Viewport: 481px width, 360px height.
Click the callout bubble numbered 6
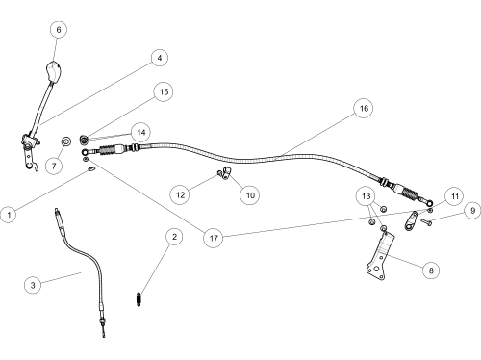pyautogui.click(x=59, y=30)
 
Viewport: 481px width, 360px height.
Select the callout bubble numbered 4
pyautogui.click(x=160, y=58)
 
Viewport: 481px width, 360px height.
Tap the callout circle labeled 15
pyautogui.click(x=164, y=91)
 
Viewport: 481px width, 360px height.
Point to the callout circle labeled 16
pyautogui.click(x=364, y=108)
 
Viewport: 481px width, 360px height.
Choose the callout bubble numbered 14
pyautogui.click(x=141, y=132)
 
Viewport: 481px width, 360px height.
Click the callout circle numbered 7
pyautogui.click(x=54, y=166)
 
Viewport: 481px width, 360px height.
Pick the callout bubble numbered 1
pyautogui.click(x=9, y=215)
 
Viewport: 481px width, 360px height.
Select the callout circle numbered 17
pyautogui.click(x=214, y=238)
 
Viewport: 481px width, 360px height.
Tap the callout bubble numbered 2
pyautogui.click(x=174, y=237)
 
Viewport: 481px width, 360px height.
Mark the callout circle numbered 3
pyautogui.click(x=33, y=285)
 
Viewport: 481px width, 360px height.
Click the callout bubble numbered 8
pyautogui.click(x=431, y=270)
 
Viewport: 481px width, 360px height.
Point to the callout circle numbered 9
pyautogui.click(x=472, y=211)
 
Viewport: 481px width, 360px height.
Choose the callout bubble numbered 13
pyautogui.click(x=366, y=196)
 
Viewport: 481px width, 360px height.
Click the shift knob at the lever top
pyautogui.click(x=53, y=72)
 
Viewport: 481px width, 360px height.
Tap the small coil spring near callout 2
pyautogui.click(x=139, y=299)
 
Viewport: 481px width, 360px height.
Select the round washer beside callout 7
pyautogui.click(x=66, y=141)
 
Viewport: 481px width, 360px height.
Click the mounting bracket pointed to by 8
pyautogui.click(x=381, y=258)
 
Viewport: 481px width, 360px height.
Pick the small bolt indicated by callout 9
pyautogui.click(x=426, y=221)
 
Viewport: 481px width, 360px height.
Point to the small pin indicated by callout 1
pyautogui.click(x=91, y=169)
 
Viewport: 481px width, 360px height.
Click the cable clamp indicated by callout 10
pyautogui.click(x=227, y=173)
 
